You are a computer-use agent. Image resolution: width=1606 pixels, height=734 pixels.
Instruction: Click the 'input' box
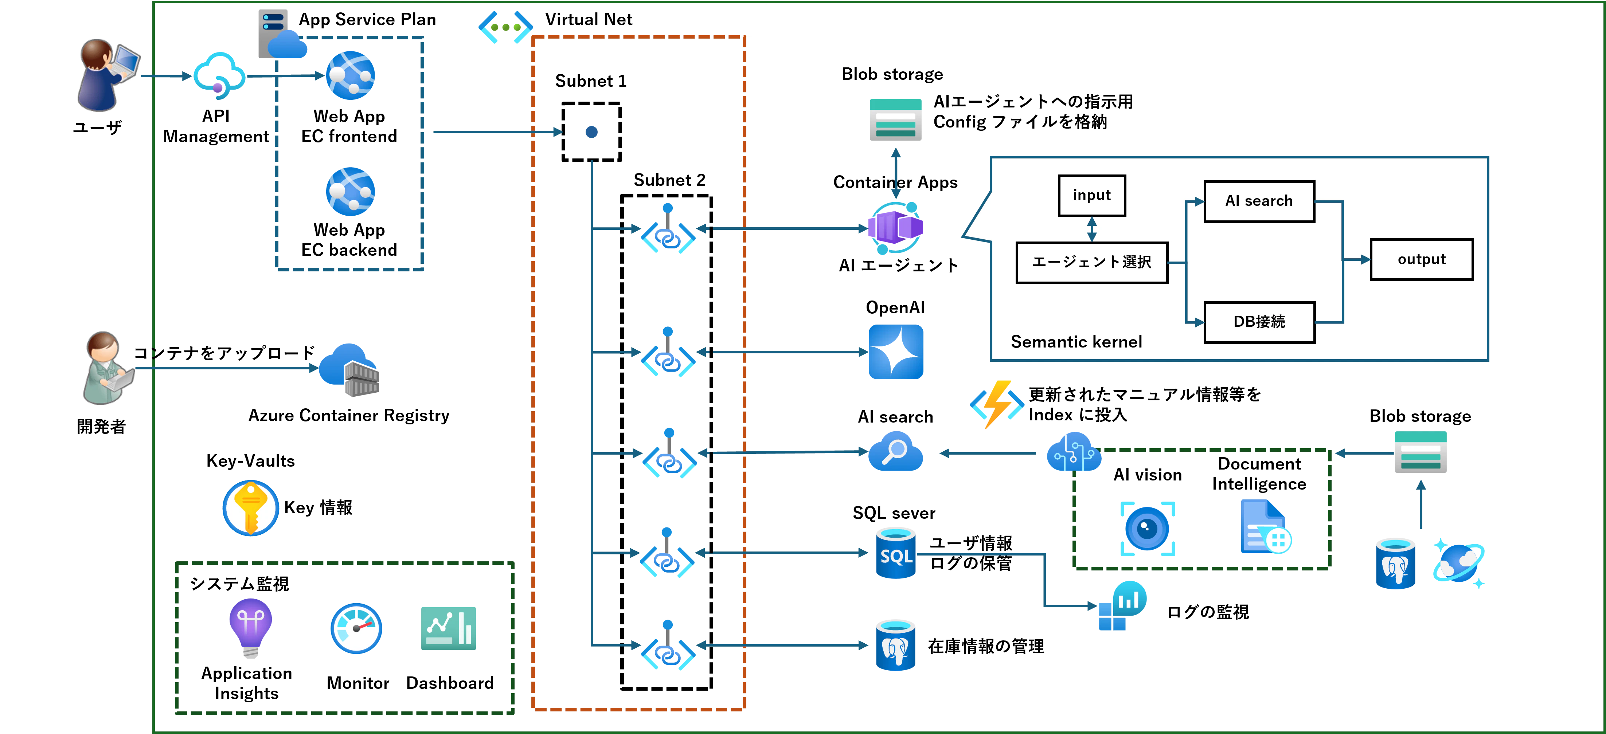[1092, 196]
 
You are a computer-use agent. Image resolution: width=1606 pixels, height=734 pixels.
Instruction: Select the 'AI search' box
[1259, 201]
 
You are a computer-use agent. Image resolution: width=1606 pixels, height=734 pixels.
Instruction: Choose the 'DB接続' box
[1259, 322]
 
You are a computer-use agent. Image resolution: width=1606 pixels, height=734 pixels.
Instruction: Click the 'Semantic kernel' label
[1076, 341]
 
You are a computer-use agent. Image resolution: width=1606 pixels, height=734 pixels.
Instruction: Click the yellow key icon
[251, 508]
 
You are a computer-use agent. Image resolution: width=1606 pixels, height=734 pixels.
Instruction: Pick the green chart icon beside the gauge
[448, 629]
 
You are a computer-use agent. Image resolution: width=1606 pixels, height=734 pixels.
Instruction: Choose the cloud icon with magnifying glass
[896, 451]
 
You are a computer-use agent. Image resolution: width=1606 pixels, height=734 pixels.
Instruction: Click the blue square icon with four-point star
[896, 352]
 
